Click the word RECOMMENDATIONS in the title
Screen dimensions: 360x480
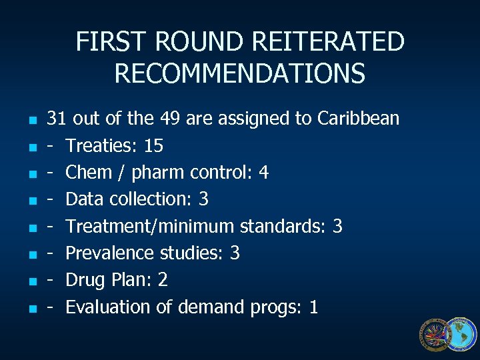(x=240, y=73)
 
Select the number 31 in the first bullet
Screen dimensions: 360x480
(x=56, y=119)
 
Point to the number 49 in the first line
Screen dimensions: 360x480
(x=170, y=119)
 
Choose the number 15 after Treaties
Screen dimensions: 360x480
(x=153, y=145)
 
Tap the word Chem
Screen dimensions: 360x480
(x=89, y=173)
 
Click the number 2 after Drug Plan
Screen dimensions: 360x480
(x=163, y=280)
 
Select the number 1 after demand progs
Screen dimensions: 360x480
(x=314, y=307)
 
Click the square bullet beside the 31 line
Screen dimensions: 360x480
(x=24, y=121)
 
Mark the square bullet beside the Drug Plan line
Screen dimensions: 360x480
(x=24, y=282)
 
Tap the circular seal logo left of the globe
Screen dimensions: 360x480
(x=435, y=334)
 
